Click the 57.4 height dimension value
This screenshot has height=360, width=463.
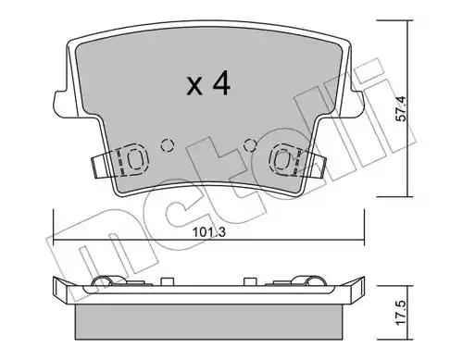(401, 108)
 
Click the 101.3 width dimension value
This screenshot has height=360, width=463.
(209, 232)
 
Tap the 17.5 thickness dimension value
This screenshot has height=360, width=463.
(401, 313)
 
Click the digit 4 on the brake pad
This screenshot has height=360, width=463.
(220, 83)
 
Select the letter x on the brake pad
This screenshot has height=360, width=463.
(194, 86)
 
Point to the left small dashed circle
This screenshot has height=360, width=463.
(167, 144)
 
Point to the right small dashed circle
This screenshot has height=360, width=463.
(250, 144)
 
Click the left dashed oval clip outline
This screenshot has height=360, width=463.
(135, 159)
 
